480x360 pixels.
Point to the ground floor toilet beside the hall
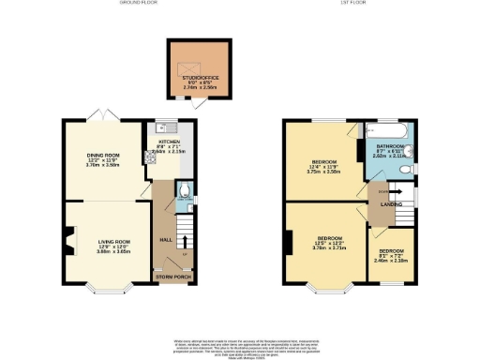(185, 197)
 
